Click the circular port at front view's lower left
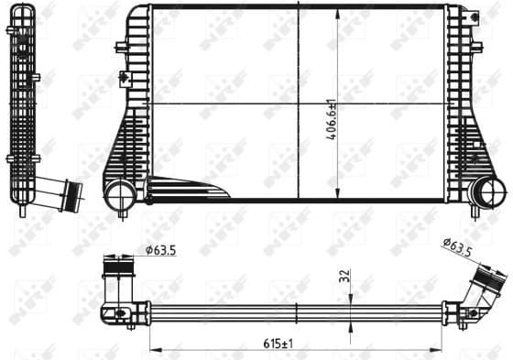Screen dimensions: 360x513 [x=118, y=193]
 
